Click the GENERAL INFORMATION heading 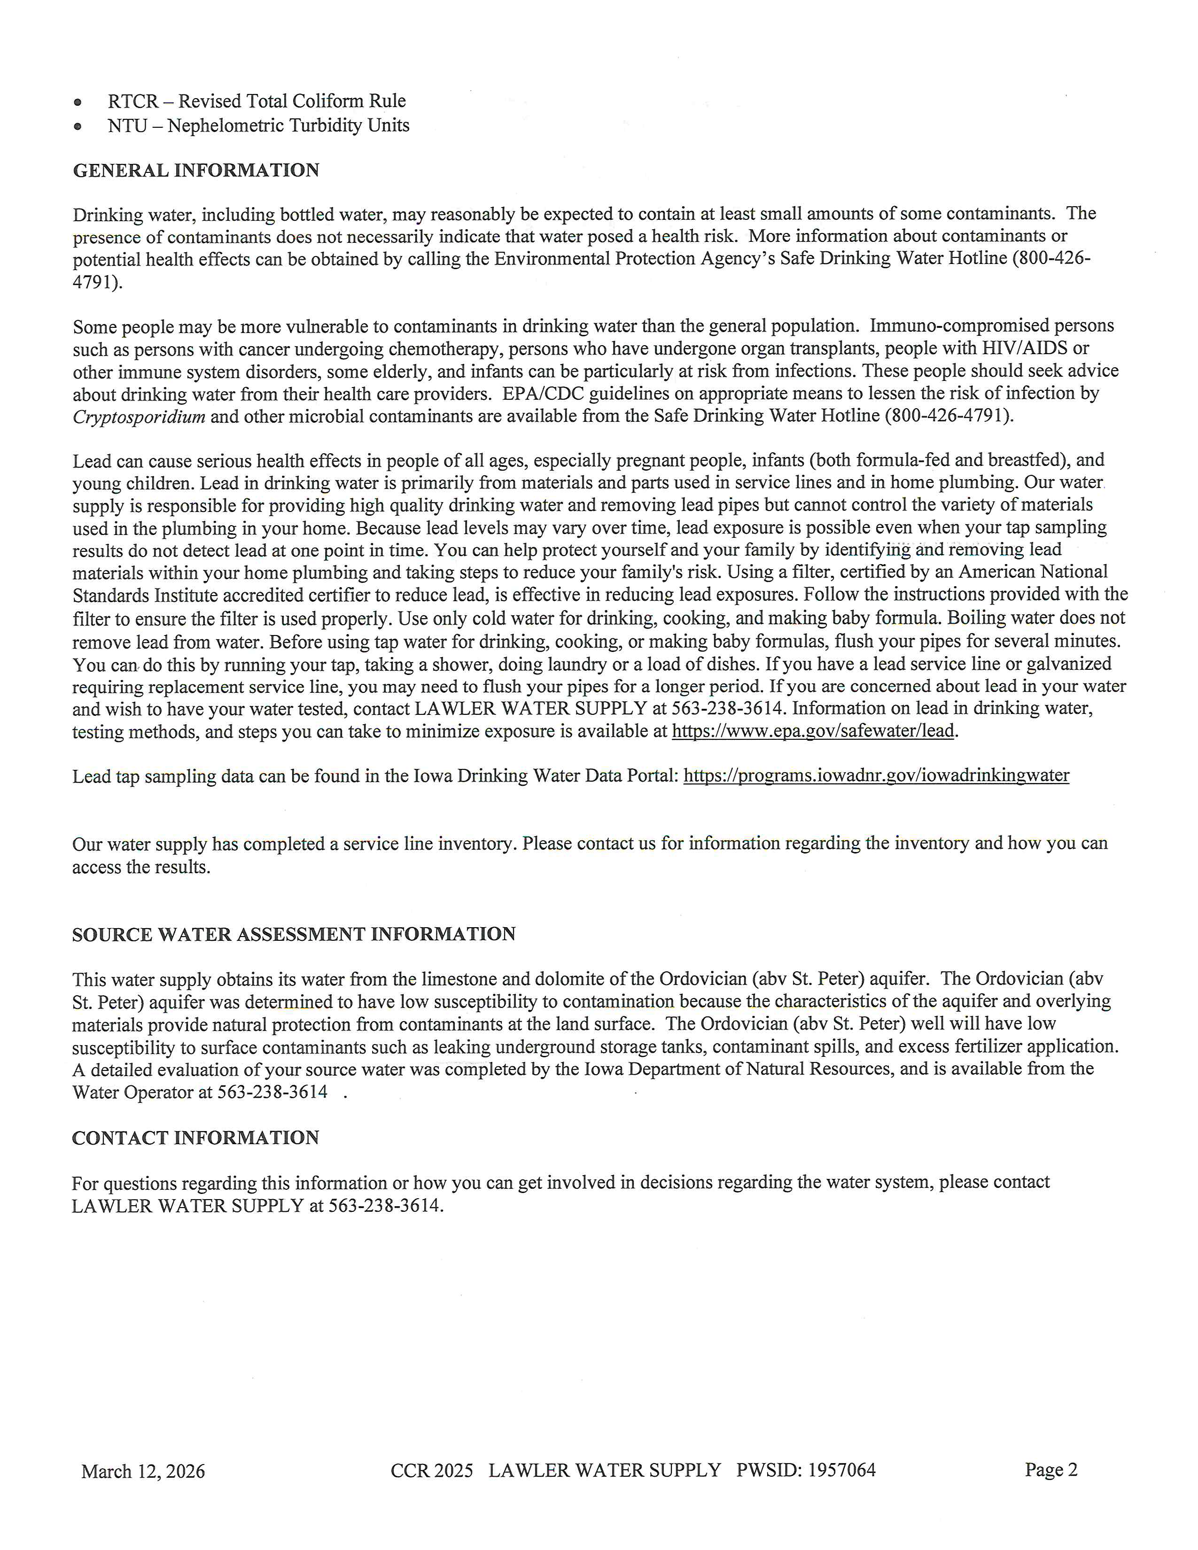coord(196,170)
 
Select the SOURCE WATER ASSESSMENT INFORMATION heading coord(294,934)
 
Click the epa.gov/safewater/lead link coord(813,730)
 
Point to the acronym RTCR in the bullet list coord(132,101)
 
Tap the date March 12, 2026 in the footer coord(143,1471)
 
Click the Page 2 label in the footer coord(1050,1469)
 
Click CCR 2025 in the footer coord(431,1470)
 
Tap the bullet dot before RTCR coord(78,102)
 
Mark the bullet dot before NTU coord(78,127)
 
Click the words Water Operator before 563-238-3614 coord(132,1092)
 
